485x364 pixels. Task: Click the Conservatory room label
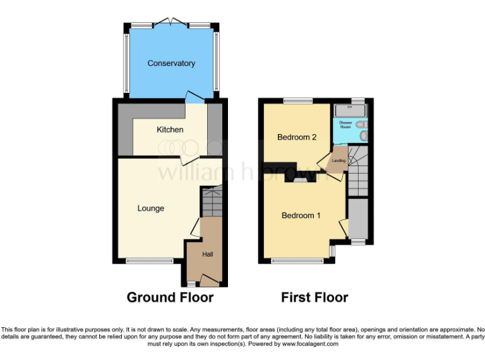[x=171, y=63]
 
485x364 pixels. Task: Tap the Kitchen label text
[x=170, y=130]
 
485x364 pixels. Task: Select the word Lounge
[x=151, y=208]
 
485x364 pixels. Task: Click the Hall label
[x=207, y=254]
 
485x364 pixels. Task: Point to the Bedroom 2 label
[x=296, y=137]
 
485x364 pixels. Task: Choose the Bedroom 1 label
[x=301, y=215]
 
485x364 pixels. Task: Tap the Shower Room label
[x=345, y=124]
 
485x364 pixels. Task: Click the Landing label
[x=338, y=161]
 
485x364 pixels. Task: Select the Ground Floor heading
[x=170, y=297]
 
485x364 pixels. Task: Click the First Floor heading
[x=314, y=297]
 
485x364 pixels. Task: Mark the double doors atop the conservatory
[x=172, y=23]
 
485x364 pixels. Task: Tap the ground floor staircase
[x=212, y=202]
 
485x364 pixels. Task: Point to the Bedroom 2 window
[x=297, y=100]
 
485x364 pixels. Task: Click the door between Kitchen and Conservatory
[x=195, y=98]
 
